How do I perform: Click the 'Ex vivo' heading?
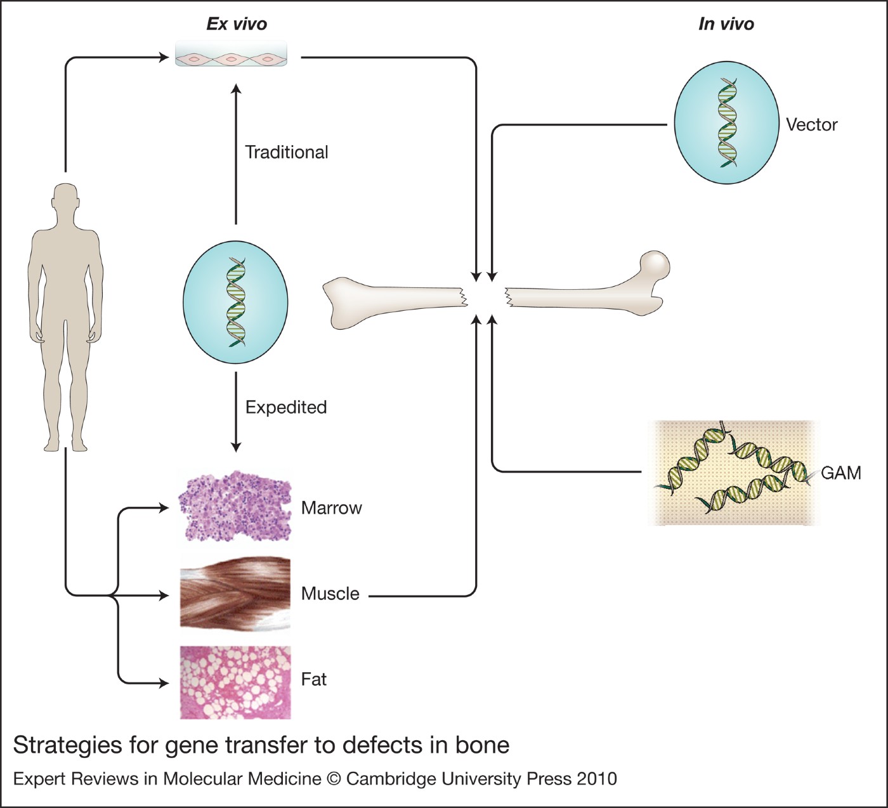237,24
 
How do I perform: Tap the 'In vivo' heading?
726,24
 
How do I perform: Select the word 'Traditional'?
287,152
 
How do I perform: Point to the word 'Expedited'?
286,407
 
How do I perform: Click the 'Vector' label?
811,124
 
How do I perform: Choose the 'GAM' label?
840,473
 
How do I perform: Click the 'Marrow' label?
331,508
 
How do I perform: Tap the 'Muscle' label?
330,594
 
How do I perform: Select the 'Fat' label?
313,679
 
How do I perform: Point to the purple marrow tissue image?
235,507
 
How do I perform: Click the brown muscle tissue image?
235,594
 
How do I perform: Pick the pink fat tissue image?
235,682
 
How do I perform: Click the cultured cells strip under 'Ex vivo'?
231,55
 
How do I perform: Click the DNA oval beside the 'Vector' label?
726,123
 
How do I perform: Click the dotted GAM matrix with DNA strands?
733,473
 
